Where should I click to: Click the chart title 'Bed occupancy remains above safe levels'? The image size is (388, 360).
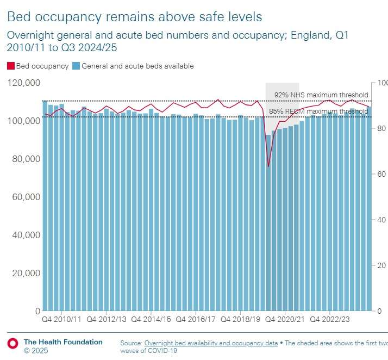pyautogui.click(x=134, y=17)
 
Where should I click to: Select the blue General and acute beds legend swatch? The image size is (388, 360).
pyautogui.click(x=76, y=66)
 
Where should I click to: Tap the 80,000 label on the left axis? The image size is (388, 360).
pyautogui.click(x=24, y=159)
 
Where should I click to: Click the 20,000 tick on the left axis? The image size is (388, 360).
pyautogui.click(x=24, y=273)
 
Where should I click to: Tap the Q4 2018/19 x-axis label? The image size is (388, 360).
pyautogui.click(x=239, y=320)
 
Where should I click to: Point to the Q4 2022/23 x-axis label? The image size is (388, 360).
pyautogui.click(x=330, y=320)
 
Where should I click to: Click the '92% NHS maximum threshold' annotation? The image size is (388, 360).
pyautogui.click(x=321, y=95)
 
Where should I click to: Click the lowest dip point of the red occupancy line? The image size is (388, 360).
pyautogui.click(x=268, y=166)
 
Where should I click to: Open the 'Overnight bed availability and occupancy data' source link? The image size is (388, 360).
pyautogui.click(x=210, y=343)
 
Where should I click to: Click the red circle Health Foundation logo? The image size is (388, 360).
pyautogui.click(x=12, y=343)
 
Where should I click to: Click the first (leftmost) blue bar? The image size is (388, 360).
pyautogui.click(x=45, y=207)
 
